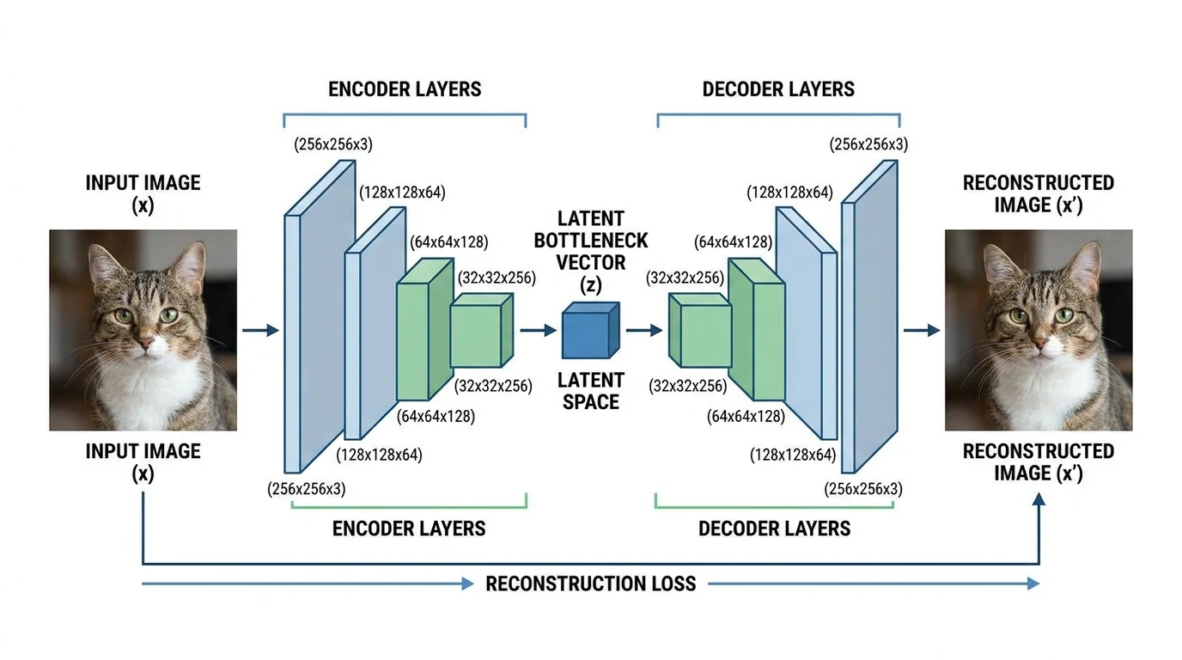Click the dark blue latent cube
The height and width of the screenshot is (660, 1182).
(589, 331)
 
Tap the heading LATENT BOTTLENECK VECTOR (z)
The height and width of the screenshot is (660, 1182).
(591, 251)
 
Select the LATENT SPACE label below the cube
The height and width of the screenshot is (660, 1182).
(591, 389)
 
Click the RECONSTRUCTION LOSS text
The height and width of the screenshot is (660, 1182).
(590, 584)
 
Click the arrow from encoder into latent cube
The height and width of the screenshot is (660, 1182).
(539, 330)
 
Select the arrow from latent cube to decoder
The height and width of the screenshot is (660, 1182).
(643, 330)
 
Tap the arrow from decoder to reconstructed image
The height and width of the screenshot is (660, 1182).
(921, 330)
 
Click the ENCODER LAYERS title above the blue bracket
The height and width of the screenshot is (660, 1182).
(405, 89)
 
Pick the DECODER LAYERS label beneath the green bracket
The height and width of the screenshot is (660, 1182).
(774, 528)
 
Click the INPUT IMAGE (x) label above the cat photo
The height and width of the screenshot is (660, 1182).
(143, 193)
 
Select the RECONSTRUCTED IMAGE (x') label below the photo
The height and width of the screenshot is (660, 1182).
(1038, 461)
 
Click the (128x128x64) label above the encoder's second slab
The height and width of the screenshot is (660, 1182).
(401, 192)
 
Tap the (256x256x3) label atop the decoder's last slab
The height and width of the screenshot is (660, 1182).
(868, 144)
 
